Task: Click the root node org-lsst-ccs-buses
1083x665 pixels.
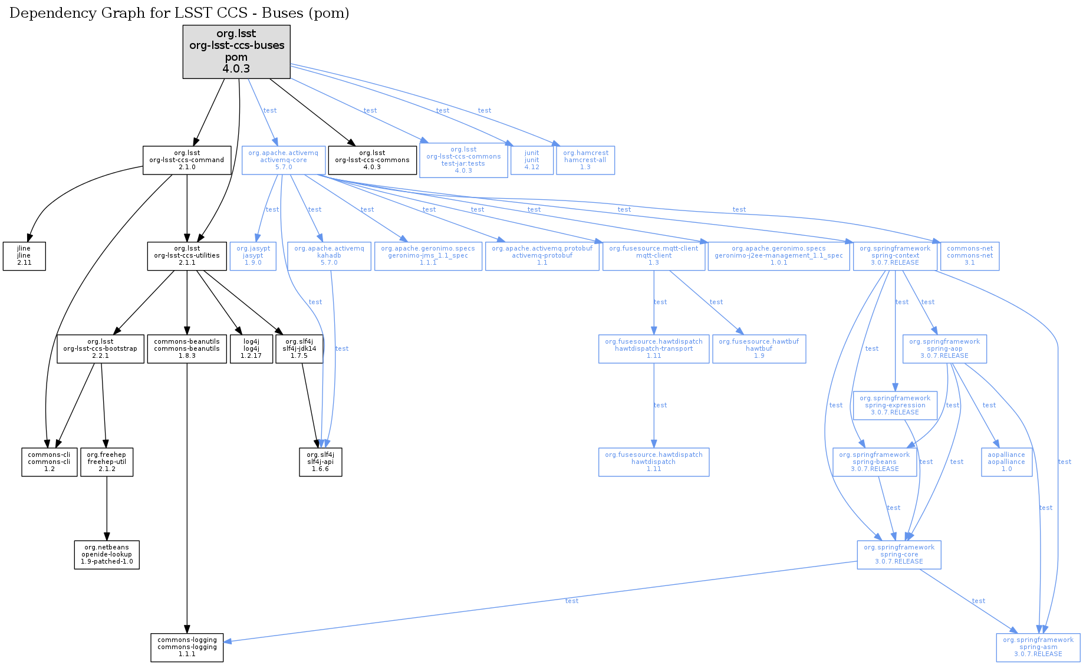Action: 236,51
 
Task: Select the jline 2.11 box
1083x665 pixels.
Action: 24,256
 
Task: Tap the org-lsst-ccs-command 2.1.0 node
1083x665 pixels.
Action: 187,160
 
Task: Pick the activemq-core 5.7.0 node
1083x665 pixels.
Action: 283,160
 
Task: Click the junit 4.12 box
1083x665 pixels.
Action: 532,160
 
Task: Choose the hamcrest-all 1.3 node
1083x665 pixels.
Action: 585,160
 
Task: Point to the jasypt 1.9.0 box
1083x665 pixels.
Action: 253,256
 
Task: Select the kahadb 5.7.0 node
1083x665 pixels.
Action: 329,256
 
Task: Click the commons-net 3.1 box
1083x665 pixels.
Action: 969,256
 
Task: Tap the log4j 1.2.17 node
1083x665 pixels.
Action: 251,349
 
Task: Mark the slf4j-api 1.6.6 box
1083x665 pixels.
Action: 320,462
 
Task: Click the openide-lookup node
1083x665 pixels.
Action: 107,555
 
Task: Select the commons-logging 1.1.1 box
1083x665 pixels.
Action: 187,647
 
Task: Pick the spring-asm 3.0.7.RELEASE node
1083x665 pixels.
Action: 1038,647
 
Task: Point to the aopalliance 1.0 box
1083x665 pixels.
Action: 1006,462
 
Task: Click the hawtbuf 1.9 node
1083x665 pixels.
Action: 759,349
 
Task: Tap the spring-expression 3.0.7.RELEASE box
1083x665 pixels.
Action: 895,406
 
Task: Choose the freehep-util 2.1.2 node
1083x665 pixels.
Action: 107,462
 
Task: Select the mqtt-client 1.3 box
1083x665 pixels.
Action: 653,256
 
